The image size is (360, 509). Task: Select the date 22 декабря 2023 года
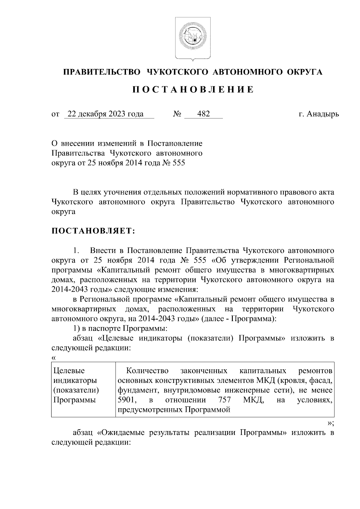tap(105, 114)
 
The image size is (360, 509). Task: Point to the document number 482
tap(203, 114)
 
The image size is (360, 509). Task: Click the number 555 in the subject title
tap(179, 163)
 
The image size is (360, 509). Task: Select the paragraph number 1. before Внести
tap(77, 250)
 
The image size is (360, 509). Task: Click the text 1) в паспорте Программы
tap(120, 328)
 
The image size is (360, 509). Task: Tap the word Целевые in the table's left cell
tap(69, 371)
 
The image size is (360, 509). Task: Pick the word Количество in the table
tap(147, 371)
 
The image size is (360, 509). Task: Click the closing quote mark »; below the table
tap(330, 423)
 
